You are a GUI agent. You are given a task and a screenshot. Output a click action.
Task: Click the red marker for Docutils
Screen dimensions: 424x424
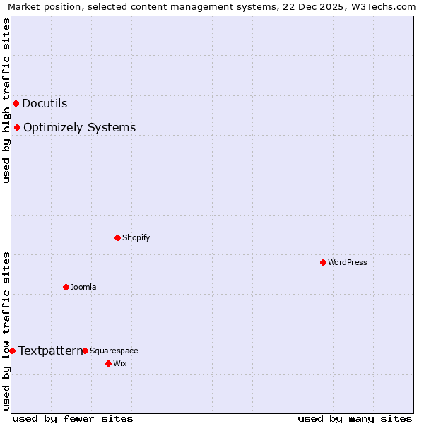(x=16, y=103)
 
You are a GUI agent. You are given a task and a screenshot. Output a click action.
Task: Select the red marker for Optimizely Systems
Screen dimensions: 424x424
(x=17, y=127)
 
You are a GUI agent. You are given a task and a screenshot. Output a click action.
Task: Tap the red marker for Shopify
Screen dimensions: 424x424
(x=117, y=237)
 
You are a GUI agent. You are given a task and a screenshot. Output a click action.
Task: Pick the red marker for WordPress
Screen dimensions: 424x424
(x=323, y=262)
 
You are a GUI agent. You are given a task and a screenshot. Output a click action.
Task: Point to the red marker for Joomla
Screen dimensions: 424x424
(x=66, y=287)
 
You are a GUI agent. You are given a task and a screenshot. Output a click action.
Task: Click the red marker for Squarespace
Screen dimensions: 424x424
(x=85, y=351)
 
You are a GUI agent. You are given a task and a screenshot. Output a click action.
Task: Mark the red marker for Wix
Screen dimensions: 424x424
(x=108, y=363)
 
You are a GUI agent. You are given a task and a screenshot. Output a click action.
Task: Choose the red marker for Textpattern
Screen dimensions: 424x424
(x=12, y=351)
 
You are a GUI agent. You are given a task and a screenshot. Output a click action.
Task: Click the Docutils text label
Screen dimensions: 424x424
(x=45, y=103)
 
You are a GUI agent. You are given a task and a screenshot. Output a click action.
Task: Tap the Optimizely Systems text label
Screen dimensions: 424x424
(x=79, y=127)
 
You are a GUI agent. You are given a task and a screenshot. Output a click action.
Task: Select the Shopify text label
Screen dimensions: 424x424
(x=136, y=237)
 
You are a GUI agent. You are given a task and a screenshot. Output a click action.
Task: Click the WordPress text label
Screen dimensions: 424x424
(x=347, y=262)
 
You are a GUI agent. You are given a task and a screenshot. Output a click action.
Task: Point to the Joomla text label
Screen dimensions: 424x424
(x=83, y=287)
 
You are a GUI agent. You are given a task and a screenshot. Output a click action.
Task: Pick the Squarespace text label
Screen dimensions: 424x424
(x=114, y=351)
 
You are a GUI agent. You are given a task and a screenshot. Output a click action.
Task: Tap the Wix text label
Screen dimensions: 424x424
(x=119, y=363)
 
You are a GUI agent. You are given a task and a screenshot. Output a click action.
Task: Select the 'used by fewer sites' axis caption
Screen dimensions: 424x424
(x=73, y=418)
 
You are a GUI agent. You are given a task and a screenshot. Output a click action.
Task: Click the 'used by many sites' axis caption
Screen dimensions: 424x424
(x=355, y=418)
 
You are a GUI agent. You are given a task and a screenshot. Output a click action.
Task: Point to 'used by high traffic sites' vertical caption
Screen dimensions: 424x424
(x=7, y=100)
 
